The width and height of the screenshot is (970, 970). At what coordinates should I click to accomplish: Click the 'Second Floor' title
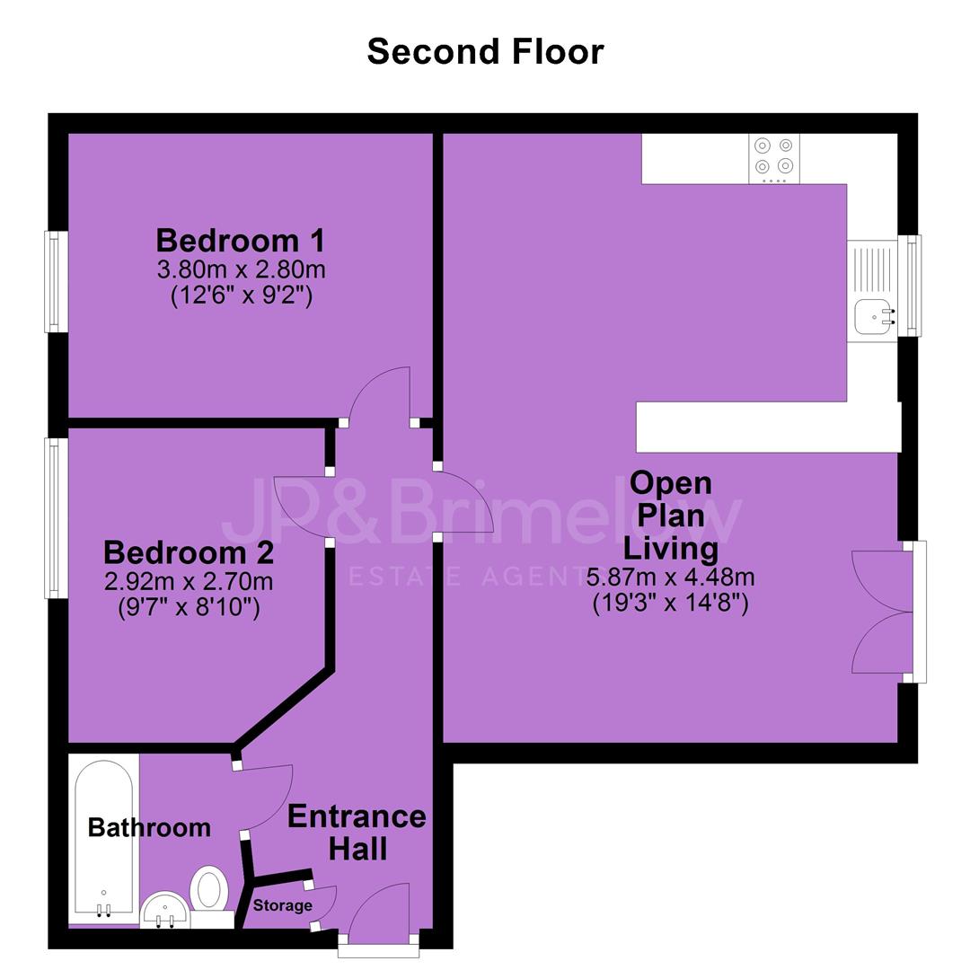[486, 51]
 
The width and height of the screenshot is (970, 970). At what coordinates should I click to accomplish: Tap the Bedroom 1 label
[241, 240]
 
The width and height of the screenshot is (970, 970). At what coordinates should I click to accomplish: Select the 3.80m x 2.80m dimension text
[242, 269]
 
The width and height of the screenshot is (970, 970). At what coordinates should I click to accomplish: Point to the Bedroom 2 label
[189, 552]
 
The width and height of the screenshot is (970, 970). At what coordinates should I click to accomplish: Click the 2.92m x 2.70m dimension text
[189, 581]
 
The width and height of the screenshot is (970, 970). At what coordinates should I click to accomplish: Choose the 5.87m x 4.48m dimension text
[671, 578]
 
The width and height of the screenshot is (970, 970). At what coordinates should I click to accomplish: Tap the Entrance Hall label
[357, 832]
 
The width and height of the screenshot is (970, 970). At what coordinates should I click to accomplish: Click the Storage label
[283, 905]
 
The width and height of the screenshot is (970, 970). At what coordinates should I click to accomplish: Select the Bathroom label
[149, 828]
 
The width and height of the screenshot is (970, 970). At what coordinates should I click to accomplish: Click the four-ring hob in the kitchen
[774, 158]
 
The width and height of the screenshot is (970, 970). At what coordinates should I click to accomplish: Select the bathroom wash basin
[164, 911]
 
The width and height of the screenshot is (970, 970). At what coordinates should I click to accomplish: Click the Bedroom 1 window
[56, 281]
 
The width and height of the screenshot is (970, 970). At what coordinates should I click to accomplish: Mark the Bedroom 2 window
[56, 518]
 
